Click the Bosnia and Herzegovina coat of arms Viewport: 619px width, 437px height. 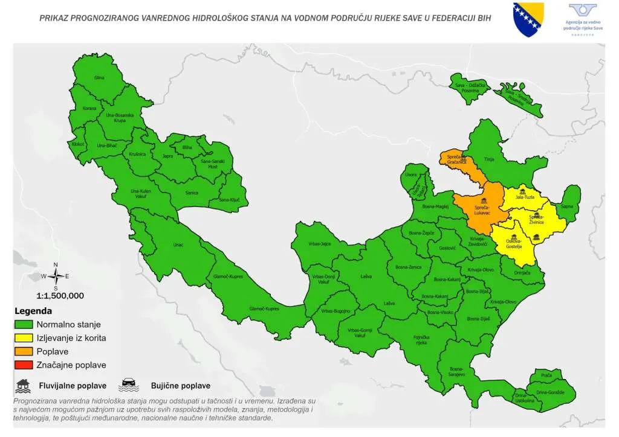528,19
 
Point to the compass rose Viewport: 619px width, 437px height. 55,276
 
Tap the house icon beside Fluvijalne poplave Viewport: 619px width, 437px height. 24,384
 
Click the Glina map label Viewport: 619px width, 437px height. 99,78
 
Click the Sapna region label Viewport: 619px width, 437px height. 567,206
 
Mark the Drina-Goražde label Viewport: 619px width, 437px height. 549,393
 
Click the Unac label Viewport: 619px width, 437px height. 178,244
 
